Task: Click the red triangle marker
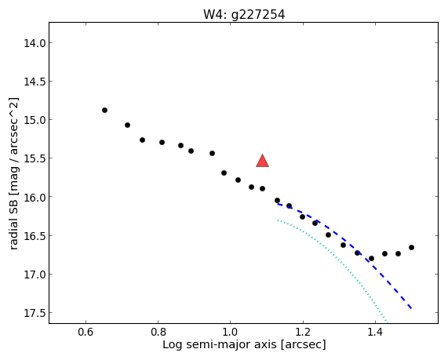pos(262,161)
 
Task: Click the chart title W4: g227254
pos(244,15)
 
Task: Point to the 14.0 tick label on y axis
pos(35,43)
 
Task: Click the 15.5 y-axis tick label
pos(35,158)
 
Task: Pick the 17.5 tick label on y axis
pos(35,313)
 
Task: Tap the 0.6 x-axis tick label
pos(86,332)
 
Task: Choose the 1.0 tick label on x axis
pos(231,332)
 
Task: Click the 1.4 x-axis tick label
pos(375,332)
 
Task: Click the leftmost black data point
pos(104,111)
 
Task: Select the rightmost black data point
pos(411,247)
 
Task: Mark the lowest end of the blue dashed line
pos(411,308)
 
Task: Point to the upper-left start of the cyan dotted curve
pos(278,220)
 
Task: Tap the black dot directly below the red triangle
pos(262,188)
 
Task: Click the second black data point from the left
pos(127,125)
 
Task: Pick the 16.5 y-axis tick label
pos(35,236)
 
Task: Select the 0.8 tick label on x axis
pos(158,332)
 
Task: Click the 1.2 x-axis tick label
pos(303,332)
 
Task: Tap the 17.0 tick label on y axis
pos(35,275)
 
